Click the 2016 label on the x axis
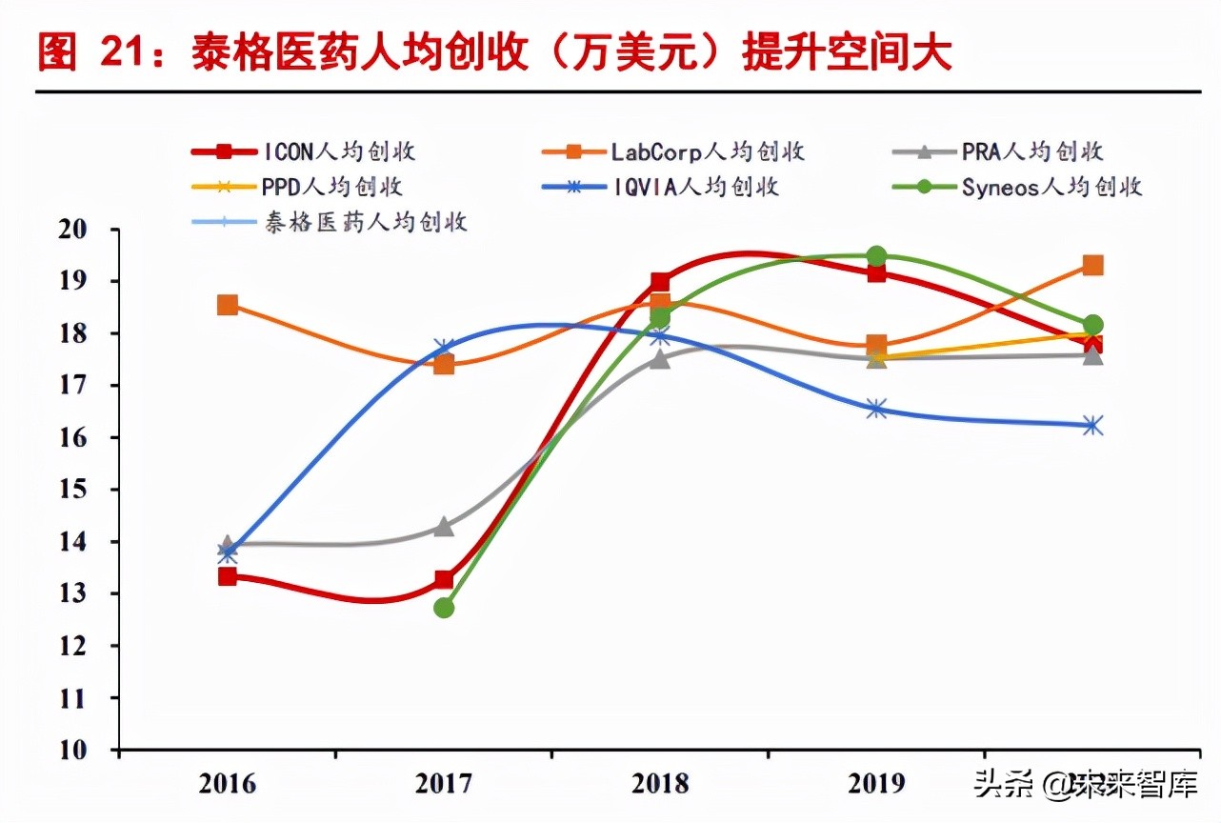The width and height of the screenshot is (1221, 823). click(228, 783)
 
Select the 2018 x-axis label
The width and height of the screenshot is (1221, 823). click(660, 783)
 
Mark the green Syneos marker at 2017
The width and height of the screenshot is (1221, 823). click(444, 608)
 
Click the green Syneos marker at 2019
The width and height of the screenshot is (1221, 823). click(876, 256)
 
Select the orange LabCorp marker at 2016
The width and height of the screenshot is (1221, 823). click(228, 305)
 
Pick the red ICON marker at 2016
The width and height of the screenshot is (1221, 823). click(228, 576)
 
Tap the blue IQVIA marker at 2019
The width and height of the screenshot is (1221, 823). click(876, 410)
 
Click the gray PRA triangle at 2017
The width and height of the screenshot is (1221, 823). click(444, 526)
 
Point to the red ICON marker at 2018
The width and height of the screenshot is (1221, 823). click(660, 282)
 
